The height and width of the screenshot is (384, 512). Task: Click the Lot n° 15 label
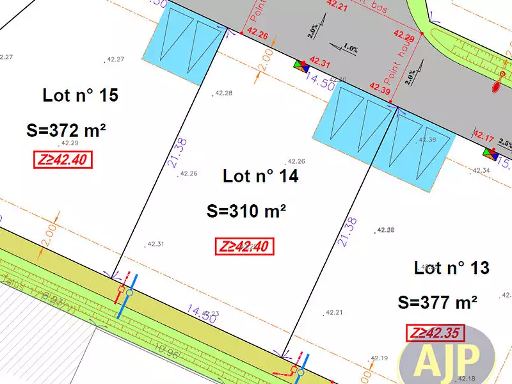tap(81, 96)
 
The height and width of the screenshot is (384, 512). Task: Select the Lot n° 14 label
tap(260, 176)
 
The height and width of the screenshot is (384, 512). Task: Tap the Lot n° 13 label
tap(452, 268)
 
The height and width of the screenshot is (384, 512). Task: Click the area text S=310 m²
tap(246, 211)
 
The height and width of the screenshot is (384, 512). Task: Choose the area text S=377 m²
tap(438, 302)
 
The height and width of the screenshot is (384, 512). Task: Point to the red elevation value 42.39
tap(380, 90)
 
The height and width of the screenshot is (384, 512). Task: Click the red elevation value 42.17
tap(483, 136)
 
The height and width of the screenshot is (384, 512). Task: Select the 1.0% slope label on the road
tap(349, 47)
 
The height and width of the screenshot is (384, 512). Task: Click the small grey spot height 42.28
tap(223, 93)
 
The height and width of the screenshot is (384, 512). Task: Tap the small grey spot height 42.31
tap(156, 244)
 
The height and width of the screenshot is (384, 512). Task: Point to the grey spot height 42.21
tap(334, 312)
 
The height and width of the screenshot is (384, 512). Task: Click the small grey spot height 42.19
tap(379, 358)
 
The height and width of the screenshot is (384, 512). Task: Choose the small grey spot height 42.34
tap(481, 170)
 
